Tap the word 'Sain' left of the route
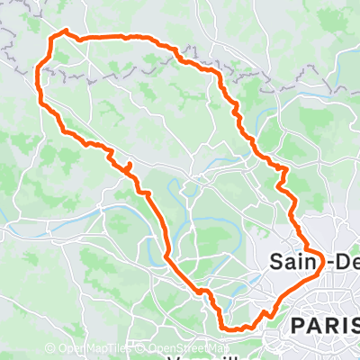290,262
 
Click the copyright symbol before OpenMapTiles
50,348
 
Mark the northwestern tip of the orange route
63,32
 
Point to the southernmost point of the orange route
229,329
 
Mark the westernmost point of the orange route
37,76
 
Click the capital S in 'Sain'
275,262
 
